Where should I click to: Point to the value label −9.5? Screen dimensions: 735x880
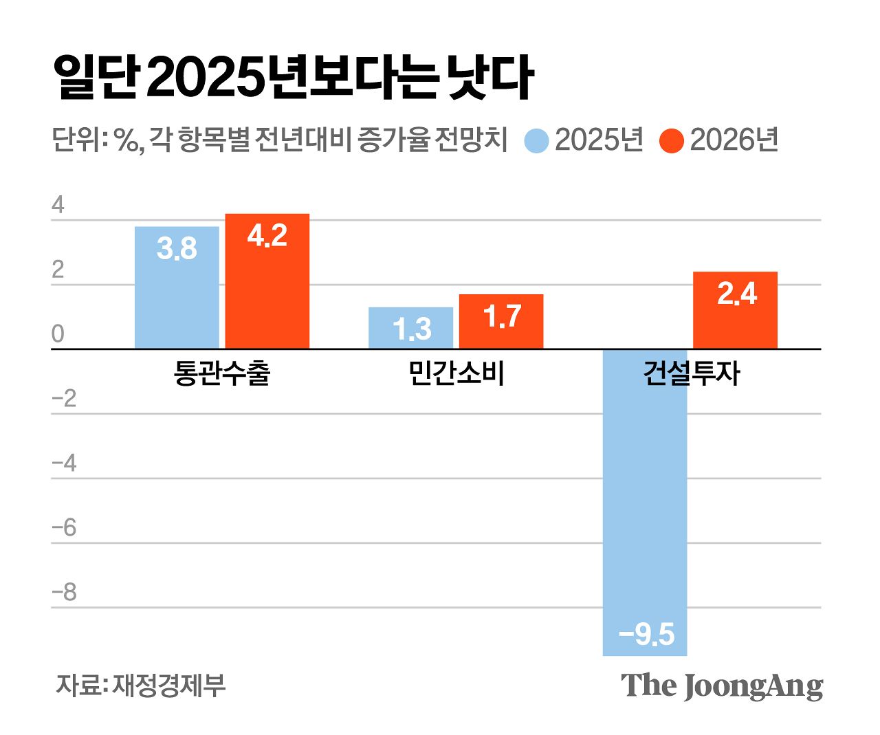(x=646, y=634)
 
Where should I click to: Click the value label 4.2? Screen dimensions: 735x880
(x=267, y=236)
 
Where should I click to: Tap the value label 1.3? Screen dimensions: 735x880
(x=412, y=329)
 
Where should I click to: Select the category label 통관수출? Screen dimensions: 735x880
(x=222, y=373)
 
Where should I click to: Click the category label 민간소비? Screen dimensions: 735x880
(x=456, y=373)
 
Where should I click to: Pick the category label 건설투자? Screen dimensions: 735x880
(x=691, y=373)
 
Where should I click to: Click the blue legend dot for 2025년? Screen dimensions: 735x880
(x=536, y=141)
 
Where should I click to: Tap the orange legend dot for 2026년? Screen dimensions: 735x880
(x=671, y=141)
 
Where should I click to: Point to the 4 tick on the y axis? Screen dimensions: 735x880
(x=58, y=205)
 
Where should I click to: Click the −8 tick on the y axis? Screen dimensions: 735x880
(x=65, y=593)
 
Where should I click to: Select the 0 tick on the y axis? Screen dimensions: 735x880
(x=58, y=334)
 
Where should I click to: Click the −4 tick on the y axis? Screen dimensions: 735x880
(x=65, y=463)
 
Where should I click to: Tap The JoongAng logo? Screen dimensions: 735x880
(x=721, y=685)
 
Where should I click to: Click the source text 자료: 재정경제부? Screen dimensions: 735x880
(x=140, y=685)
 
